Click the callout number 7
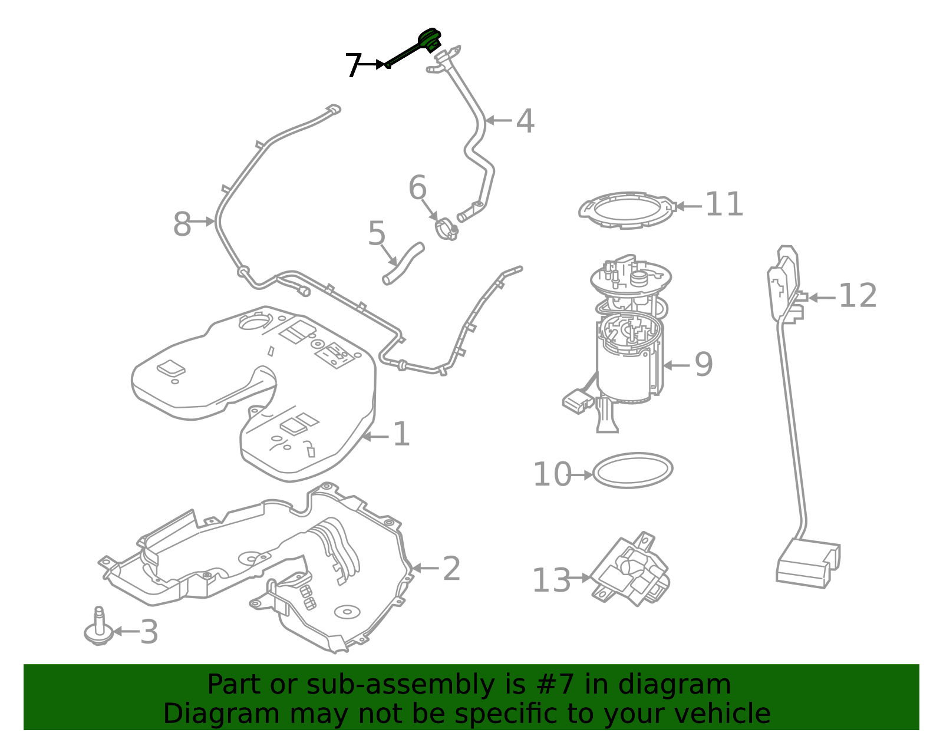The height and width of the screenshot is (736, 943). tap(353, 65)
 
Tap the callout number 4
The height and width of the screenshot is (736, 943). tap(525, 121)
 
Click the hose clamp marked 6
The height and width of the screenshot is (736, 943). tap(447, 229)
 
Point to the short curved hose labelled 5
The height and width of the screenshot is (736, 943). tap(403, 263)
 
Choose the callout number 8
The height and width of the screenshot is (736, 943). tap(182, 224)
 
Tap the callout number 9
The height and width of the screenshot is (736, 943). tap(704, 364)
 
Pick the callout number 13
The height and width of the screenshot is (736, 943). tap(551, 580)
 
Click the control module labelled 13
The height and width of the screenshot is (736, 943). tap(630, 569)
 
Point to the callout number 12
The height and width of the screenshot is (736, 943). tap(858, 296)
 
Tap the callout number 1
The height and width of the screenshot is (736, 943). tap(401, 434)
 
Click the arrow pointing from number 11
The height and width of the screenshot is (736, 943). tap(688, 206)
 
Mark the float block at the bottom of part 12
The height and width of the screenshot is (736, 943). tap(808, 563)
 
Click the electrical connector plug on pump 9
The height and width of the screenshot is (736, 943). tap(578, 402)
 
